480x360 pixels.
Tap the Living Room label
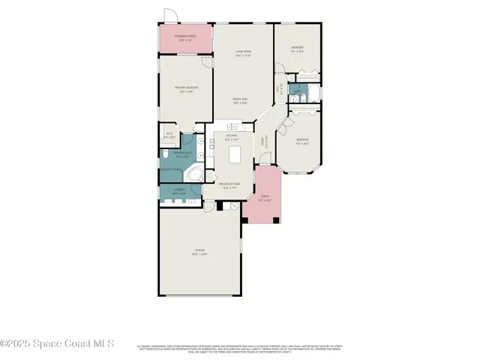coord(243,53)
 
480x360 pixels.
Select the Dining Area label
coord(241,101)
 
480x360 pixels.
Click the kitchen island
coord(235,155)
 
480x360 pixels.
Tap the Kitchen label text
coord(232,137)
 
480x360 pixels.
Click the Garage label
coord(199,252)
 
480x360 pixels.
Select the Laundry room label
coord(179,190)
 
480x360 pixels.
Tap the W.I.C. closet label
coord(169,136)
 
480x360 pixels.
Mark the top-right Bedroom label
coord(297,49)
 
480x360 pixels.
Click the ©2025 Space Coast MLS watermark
coord(57,343)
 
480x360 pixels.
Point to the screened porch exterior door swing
coord(171,16)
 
